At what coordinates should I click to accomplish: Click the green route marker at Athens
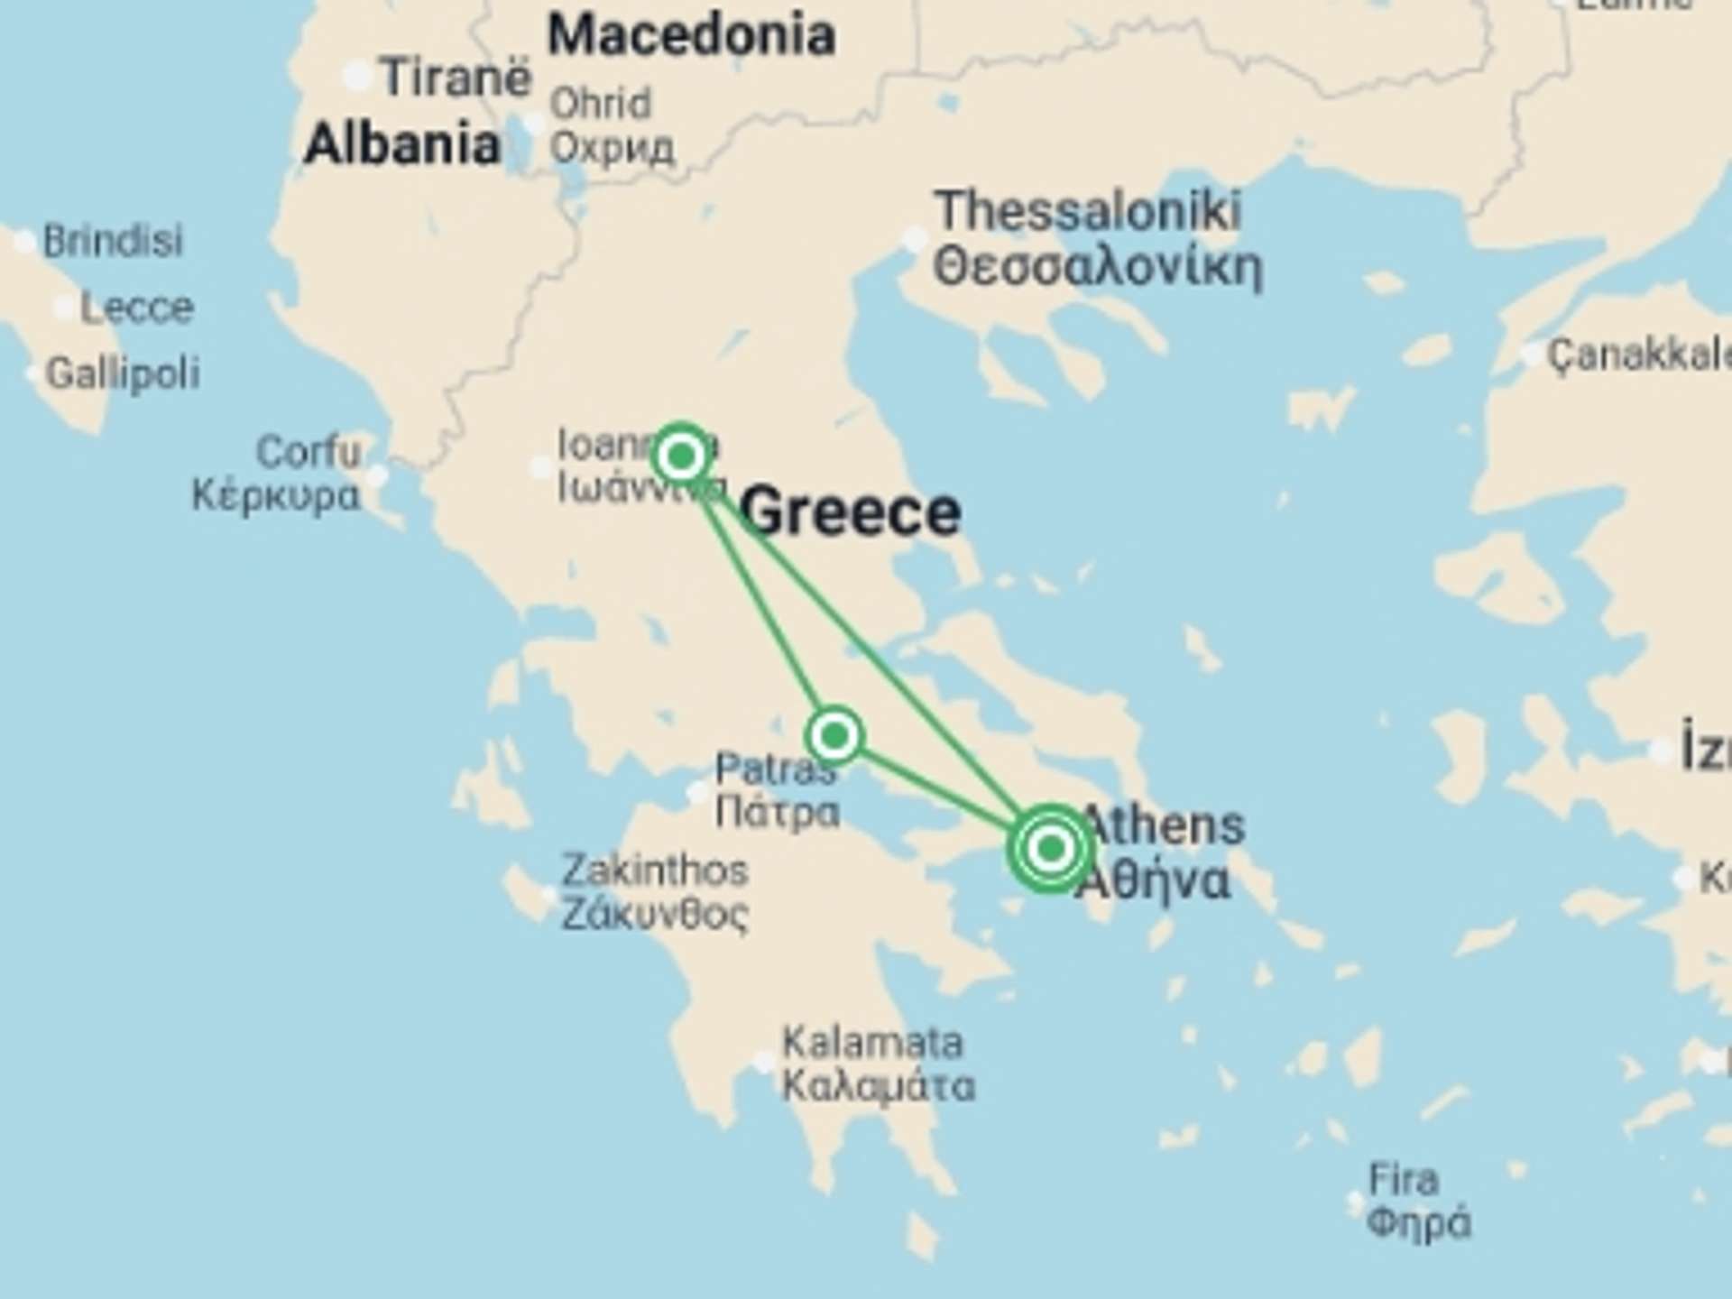click(x=1050, y=848)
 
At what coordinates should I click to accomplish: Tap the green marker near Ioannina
click(x=681, y=456)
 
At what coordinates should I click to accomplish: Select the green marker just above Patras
click(x=834, y=736)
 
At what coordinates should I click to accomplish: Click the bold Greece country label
click(x=850, y=512)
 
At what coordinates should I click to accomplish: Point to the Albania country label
click(x=402, y=144)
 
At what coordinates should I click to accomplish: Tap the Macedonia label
click(x=691, y=36)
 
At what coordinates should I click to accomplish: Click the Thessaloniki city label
click(x=1088, y=211)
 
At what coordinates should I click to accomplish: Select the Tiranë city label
click(x=456, y=78)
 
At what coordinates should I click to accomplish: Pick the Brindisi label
click(x=113, y=241)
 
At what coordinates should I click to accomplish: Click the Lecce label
click(x=137, y=309)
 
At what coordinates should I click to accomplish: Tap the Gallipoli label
click(x=123, y=373)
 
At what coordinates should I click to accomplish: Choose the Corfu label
click(x=309, y=451)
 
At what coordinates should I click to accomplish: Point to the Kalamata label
click(x=872, y=1043)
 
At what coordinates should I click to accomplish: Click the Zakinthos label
click(x=655, y=871)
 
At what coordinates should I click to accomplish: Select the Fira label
click(x=1403, y=1179)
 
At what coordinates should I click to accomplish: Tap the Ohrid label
click(x=601, y=104)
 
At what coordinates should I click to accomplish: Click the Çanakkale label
click(x=1638, y=355)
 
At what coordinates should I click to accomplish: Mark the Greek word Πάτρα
click(x=778, y=812)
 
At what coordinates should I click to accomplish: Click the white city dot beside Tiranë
click(x=358, y=78)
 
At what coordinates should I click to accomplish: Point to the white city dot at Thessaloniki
click(x=915, y=240)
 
